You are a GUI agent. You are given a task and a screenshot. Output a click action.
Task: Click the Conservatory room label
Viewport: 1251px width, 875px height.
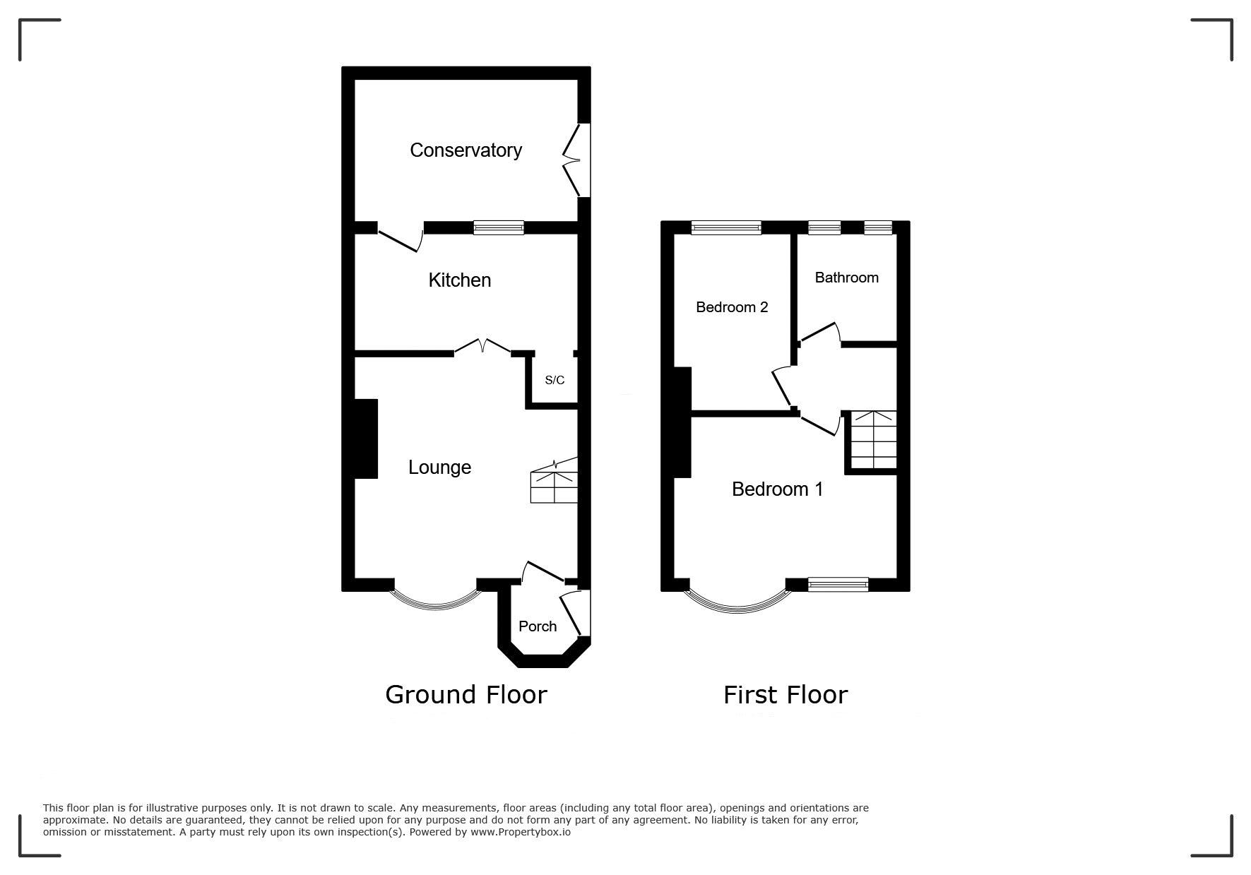pos(466,150)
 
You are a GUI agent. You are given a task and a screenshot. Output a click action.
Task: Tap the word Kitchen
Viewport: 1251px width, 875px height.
pos(459,280)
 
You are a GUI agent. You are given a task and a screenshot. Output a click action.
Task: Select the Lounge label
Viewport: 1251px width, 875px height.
pos(439,468)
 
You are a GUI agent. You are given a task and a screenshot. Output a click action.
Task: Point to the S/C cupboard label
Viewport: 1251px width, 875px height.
pos(555,380)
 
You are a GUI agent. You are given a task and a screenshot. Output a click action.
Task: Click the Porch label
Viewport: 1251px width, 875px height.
pos(538,626)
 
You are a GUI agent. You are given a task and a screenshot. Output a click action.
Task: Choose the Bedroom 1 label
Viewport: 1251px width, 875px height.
pos(777,489)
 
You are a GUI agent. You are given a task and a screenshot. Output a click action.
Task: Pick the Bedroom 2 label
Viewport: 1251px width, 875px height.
pos(732,307)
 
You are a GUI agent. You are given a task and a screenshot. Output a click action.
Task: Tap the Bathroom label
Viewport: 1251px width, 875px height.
pos(846,278)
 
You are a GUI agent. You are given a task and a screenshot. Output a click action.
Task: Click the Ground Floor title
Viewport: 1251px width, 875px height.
pos(466,695)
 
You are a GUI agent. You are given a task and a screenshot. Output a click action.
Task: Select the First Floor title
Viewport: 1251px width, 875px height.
pos(785,695)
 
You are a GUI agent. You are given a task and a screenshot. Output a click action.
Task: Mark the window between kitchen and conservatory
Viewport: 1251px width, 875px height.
pos(499,227)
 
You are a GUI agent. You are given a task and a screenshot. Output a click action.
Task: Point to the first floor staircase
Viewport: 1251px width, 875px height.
pos(873,440)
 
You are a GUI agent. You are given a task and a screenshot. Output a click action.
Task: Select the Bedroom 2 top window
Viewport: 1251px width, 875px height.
pos(726,227)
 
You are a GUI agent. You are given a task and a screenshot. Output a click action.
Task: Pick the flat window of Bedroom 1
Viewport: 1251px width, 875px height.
pos(838,584)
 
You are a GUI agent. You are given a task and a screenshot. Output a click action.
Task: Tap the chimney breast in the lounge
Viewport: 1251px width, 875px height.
pos(366,439)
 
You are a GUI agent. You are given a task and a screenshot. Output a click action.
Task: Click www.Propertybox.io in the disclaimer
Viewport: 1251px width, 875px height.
pos(521,832)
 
